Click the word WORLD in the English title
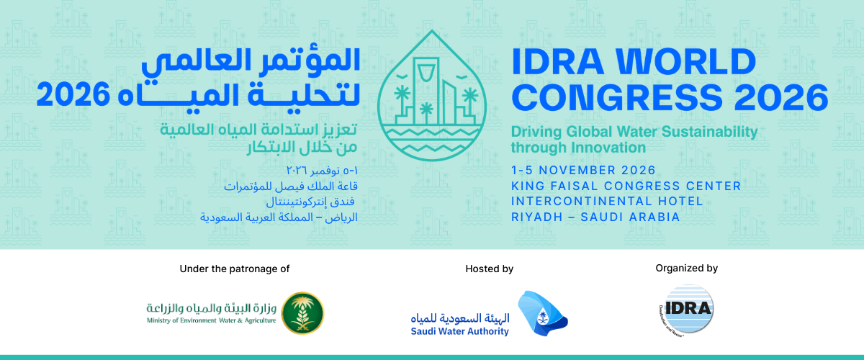(x=685, y=62)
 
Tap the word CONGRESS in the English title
(x=617, y=98)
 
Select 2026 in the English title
(x=781, y=98)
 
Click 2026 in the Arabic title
(x=73, y=94)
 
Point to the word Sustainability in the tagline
(x=710, y=132)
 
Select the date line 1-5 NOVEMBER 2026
(x=583, y=170)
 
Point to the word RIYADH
(x=536, y=217)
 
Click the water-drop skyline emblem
(x=431, y=95)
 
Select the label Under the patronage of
(x=235, y=269)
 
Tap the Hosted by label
(x=489, y=269)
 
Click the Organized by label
(x=687, y=268)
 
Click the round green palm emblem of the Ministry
(x=303, y=313)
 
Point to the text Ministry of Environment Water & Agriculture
(x=212, y=320)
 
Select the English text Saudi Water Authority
(x=460, y=331)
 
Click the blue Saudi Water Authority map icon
(x=541, y=313)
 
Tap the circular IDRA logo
(x=687, y=310)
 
